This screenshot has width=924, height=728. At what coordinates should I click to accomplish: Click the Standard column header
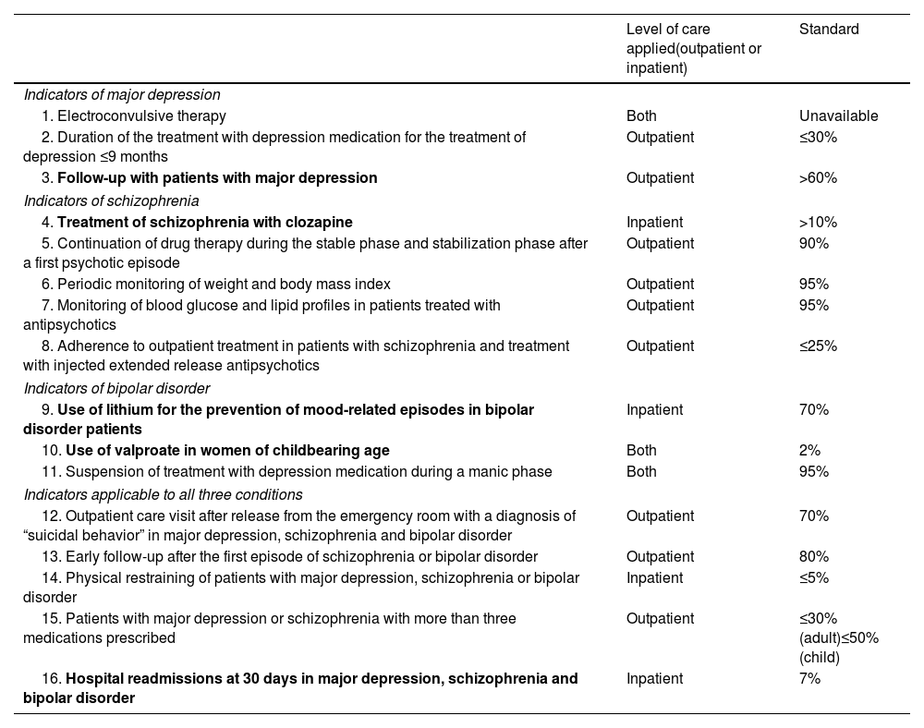pyautogui.click(x=829, y=30)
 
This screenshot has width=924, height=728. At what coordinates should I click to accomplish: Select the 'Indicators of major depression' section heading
pyautogui.click(x=122, y=94)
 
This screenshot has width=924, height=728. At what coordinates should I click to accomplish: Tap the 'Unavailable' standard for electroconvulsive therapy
pyautogui.click(x=838, y=116)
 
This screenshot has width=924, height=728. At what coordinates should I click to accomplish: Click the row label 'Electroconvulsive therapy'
pyautogui.click(x=141, y=116)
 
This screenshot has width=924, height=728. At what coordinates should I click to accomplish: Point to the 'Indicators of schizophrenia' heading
pyautogui.click(x=111, y=200)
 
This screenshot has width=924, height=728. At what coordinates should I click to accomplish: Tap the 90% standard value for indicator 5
pyautogui.click(x=814, y=244)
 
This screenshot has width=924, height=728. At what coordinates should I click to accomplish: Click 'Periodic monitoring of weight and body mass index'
pyautogui.click(x=224, y=285)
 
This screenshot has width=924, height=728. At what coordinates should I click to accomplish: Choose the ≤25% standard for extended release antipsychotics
pyautogui.click(x=818, y=346)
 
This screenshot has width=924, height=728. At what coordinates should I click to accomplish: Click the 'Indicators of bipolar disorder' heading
pyautogui.click(x=116, y=388)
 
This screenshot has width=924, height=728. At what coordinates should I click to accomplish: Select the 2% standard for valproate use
pyautogui.click(x=810, y=451)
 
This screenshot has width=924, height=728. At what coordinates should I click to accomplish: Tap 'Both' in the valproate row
pyautogui.click(x=641, y=451)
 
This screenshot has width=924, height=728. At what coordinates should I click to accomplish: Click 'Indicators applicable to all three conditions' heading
pyautogui.click(x=163, y=494)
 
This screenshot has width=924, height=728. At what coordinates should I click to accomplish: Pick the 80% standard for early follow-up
pyautogui.click(x=814, y=557)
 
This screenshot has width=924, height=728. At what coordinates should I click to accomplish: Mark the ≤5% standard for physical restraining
pyautogui.click(x=814, y=578)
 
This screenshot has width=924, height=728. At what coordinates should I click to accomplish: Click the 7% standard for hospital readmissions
pyautogui.click(x=810, y=679)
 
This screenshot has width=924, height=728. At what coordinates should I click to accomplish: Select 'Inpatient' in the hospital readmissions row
pyautogui.click(x=654, y=679)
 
